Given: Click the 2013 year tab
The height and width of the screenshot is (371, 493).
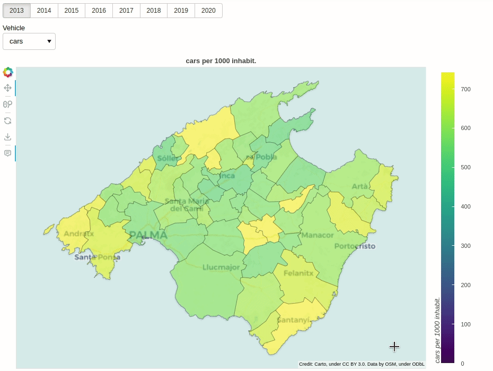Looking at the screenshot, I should [16, 11].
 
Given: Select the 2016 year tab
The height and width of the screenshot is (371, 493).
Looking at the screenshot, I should [99, 11].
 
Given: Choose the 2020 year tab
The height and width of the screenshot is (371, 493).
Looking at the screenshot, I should [208, 11].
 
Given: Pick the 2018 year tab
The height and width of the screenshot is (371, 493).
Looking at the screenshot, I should [154, 11].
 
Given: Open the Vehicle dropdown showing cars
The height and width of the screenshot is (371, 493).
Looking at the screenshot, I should [29, 41].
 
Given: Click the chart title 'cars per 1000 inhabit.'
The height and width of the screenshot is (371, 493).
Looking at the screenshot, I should [221, 61].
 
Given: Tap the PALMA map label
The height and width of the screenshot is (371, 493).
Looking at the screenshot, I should [148, 235].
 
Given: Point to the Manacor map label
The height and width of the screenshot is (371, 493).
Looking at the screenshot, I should [317, 235].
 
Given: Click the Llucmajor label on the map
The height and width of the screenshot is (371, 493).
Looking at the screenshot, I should [221, 267].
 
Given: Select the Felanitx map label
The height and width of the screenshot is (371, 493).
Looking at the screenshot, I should [298, 273].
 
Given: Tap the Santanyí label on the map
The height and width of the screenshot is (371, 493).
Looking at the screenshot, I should [293, 320].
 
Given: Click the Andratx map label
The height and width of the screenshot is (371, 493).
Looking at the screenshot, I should [78, 234].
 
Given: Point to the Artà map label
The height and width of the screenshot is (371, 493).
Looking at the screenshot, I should [359, 186].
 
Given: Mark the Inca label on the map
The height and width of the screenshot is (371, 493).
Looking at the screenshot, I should [227, 176].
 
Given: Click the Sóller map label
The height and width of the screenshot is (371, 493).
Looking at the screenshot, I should [167, 159].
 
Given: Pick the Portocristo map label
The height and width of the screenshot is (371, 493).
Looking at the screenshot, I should [355, 246].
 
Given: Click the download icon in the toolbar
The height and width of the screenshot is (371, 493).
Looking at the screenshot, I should [7, 137].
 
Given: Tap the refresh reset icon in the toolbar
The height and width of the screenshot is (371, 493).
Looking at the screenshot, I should [7, 120].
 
